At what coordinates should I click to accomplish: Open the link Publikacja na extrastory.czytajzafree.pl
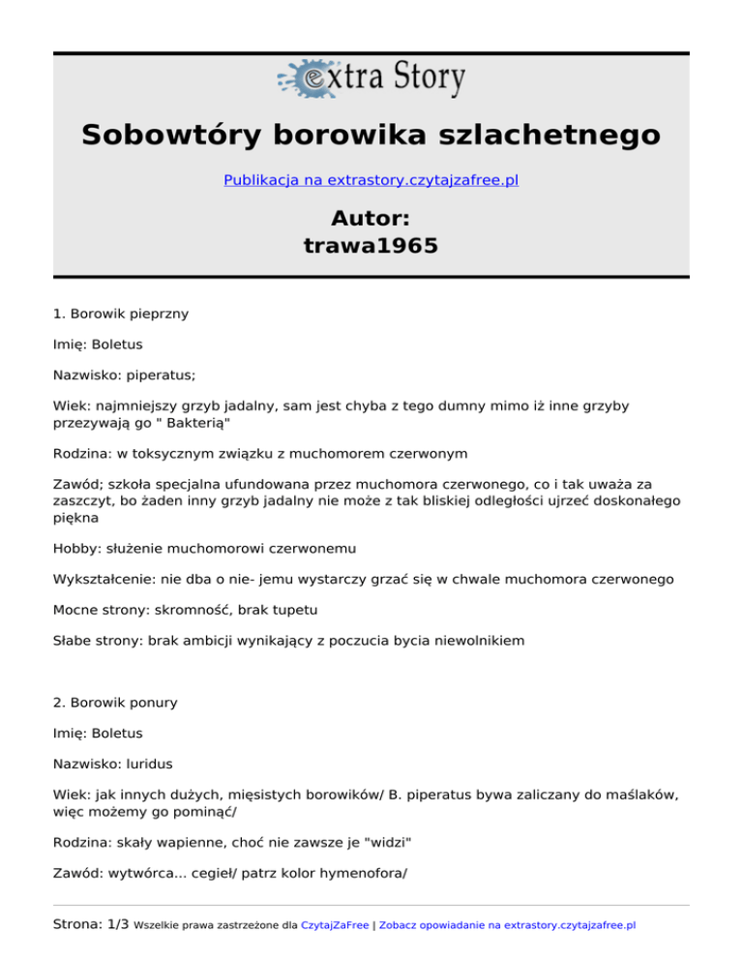point(371,180)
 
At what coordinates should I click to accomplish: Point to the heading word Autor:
point(371,219)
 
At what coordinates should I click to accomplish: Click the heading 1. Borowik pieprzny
point(121,314)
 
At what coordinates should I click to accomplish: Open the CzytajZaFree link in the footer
point(335,925)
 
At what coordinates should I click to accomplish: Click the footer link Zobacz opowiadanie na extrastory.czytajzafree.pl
point(508,925)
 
